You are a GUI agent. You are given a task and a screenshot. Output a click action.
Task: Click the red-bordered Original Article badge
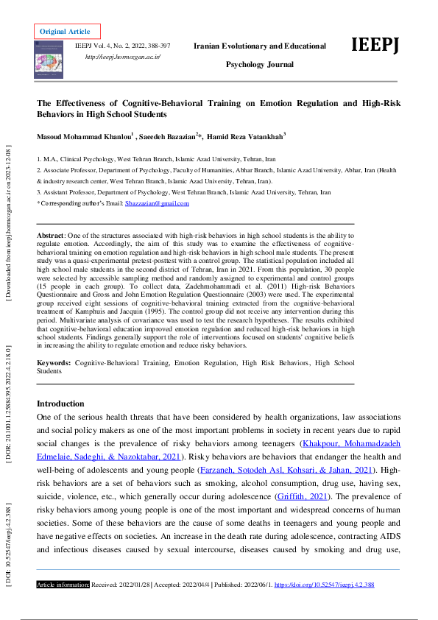tap(65, 32)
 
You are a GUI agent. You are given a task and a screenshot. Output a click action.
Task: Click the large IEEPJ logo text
tap(375, 45)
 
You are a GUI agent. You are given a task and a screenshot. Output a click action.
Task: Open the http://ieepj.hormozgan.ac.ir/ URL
tap(123, 57)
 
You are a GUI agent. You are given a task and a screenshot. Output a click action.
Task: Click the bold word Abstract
tap(51, 233)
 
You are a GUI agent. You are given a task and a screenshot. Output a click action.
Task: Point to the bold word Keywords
tap(54, 363)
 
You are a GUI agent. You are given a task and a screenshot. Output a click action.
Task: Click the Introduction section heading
tap(60, 404)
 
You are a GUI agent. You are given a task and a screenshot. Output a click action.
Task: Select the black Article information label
tap(63, 585)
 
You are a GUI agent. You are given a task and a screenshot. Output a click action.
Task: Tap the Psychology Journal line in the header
tap(259, 65)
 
